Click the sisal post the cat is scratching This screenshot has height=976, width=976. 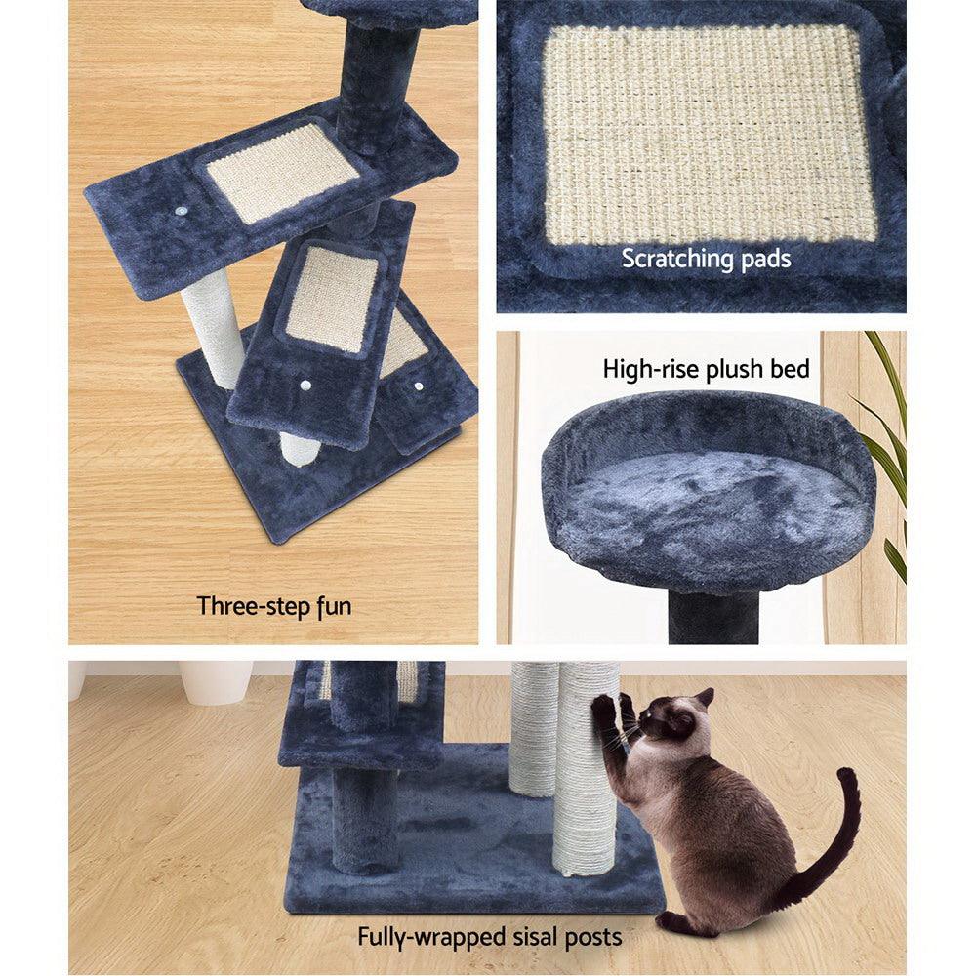tap(586, 781)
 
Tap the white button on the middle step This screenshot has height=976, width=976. tap(306, 386)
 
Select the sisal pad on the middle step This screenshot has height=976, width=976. tap(332, 298)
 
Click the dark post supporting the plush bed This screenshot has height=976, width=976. tap(712, 617)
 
